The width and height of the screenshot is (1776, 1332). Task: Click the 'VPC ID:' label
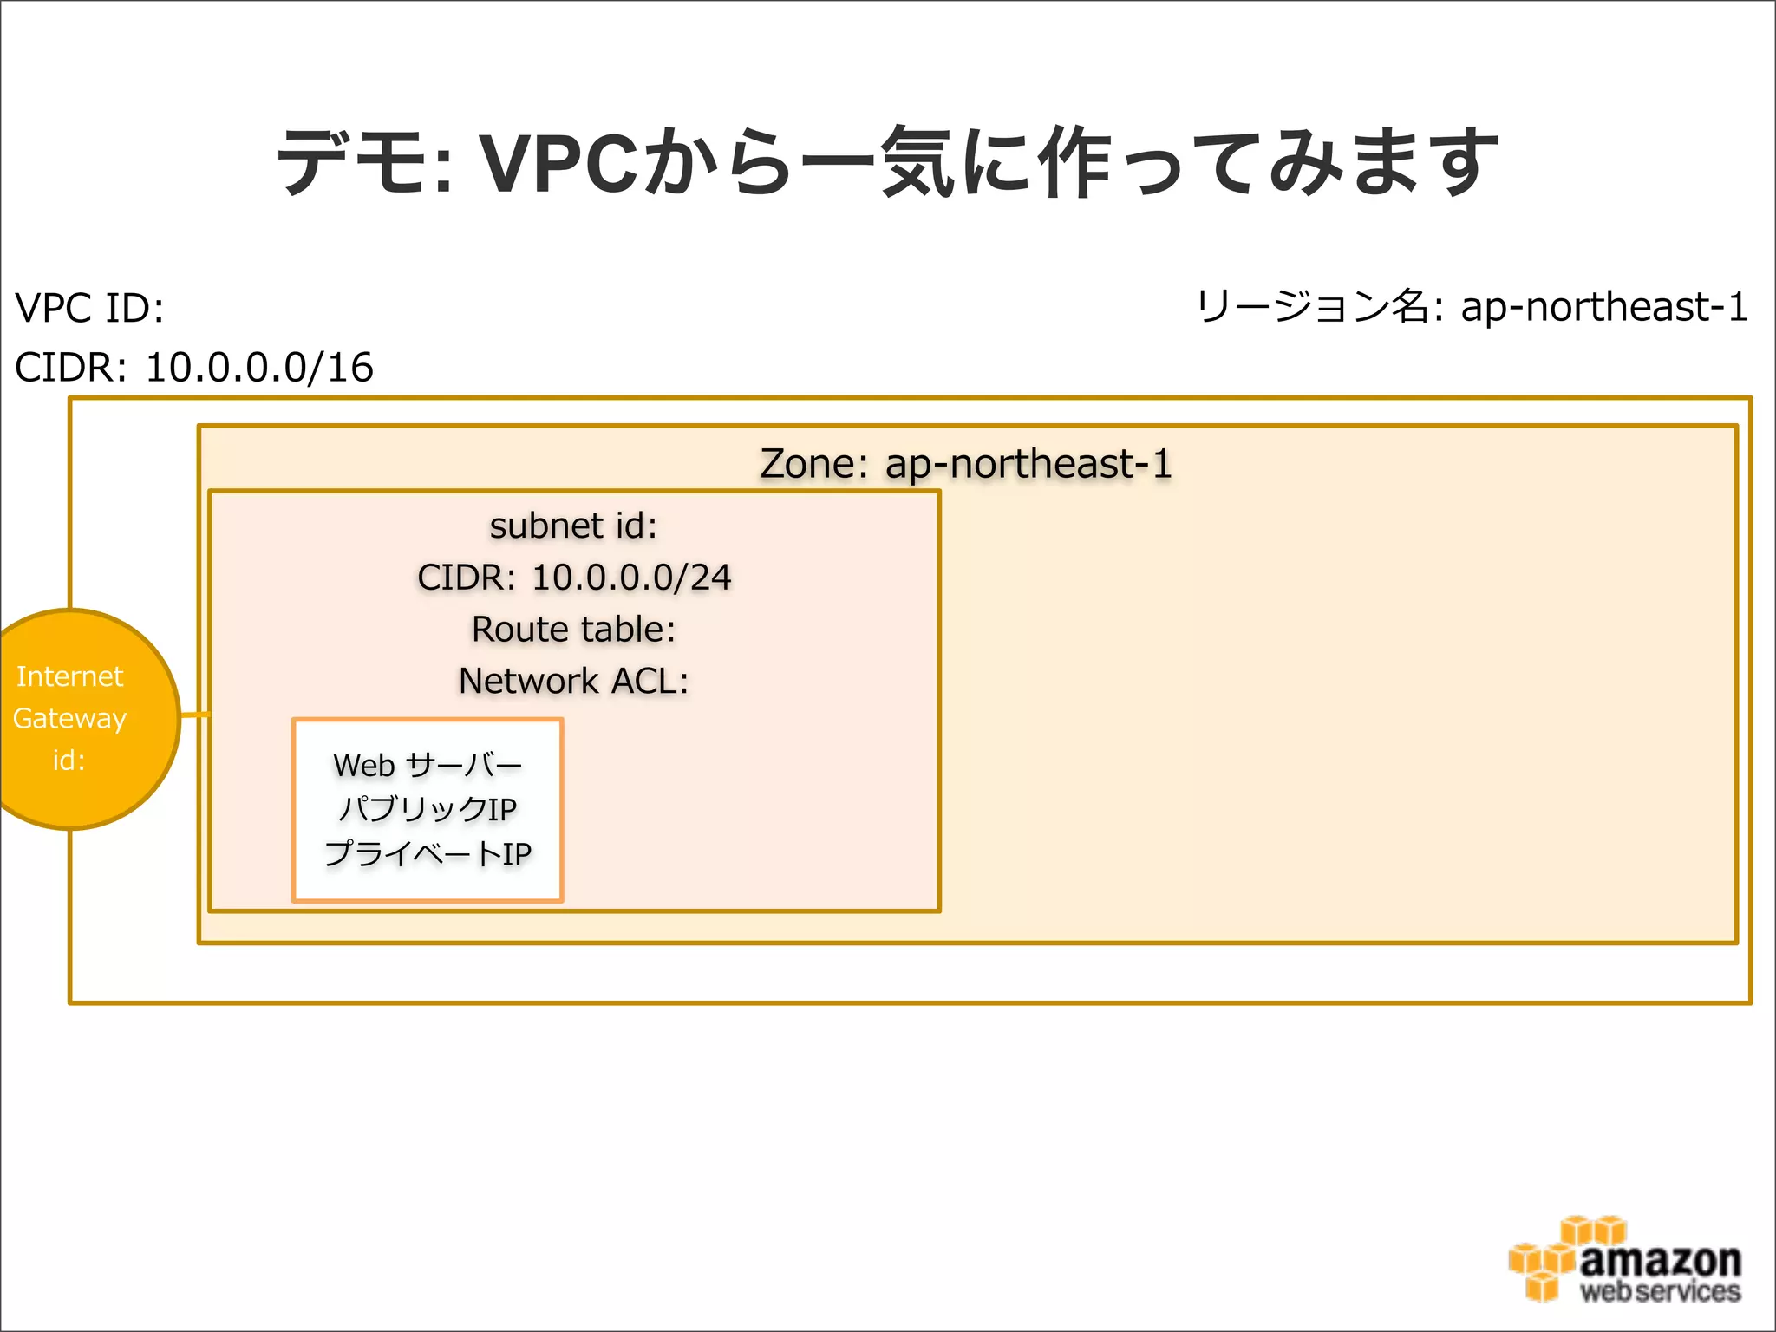(90, 309)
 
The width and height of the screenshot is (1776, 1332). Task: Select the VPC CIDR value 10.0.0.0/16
(259, 368)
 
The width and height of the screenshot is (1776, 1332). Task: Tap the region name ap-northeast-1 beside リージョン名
(1604, 307)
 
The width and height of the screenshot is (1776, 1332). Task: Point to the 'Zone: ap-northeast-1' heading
(966, 464)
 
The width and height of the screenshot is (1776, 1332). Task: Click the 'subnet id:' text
(573, 526)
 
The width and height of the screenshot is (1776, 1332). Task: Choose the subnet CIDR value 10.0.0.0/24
(631, 578)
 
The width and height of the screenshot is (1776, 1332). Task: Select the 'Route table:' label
(573, 630)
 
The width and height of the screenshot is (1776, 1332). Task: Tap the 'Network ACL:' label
(573, 682)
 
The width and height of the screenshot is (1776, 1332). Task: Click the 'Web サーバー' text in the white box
(428, 765)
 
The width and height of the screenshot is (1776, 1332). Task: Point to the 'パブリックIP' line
(428, 809)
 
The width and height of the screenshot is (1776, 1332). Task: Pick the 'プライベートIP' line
(428, 854)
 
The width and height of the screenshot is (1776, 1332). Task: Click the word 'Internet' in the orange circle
(69, 676)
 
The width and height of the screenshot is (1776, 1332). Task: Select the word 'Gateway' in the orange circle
(69, 718)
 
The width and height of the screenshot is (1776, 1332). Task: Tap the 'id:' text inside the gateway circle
(69, 761)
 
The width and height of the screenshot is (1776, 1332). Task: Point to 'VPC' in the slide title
(558, 163)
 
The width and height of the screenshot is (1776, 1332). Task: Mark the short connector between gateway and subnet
(195, 715)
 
